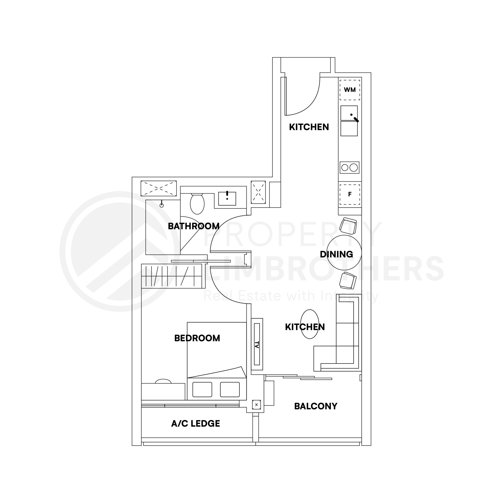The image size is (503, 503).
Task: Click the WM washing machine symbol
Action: pos(350,90)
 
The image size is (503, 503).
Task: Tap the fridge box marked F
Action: pos(350,194)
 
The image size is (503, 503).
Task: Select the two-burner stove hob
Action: pos(349,167)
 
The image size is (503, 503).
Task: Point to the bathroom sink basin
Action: pos(227,199)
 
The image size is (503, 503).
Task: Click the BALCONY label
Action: pos(316,406)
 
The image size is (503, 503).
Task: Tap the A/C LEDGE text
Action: pos(196,424)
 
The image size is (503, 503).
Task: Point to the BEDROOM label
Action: pos(197,338)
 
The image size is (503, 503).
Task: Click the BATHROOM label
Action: pos(194,226)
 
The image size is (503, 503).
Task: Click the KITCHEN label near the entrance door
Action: pos(309,127)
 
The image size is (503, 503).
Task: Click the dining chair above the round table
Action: pos(348,226)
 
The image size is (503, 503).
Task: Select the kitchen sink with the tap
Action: pos(349,113)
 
